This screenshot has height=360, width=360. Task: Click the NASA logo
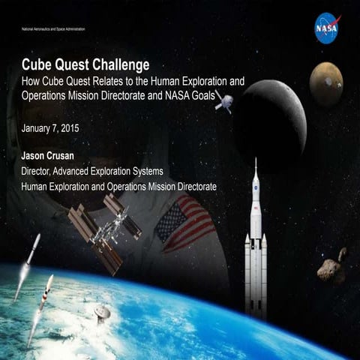(x=327, y=28)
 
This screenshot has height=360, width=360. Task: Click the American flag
(x=184, y=222)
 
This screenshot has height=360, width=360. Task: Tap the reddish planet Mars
(x=326, y=82)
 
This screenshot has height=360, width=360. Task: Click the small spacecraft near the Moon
(x=223, y=103)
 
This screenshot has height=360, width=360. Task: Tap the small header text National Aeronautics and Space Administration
(x=53, y=28)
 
